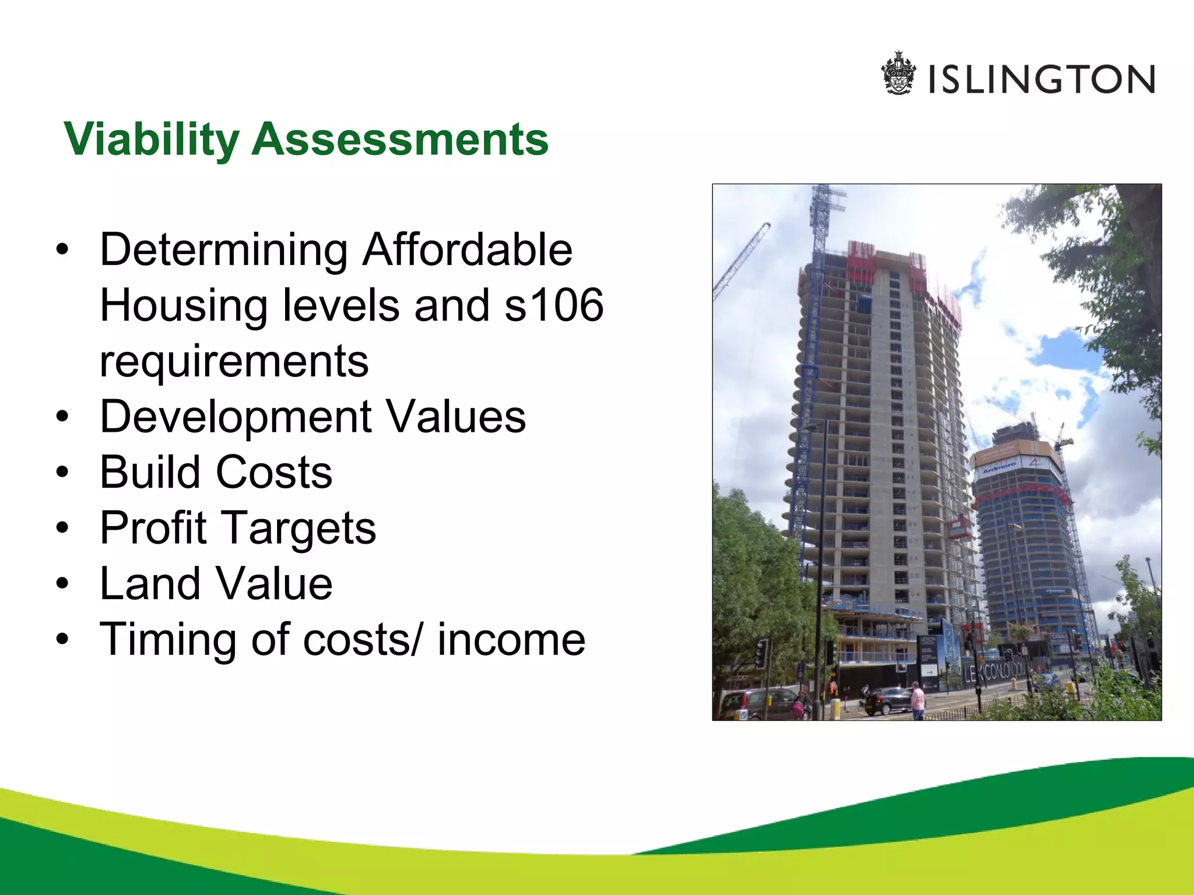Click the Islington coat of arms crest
coord(898,73)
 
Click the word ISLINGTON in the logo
coord(1042,80)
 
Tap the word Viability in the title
coord(152,140)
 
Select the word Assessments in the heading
coord(400,140)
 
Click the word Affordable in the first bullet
coord(468,249)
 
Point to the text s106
coord(554,305)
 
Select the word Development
coord(236,417)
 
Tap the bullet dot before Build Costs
coord(62,473)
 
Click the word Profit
coord(153,528)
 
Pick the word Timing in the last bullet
coord(166,640)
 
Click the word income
coord(511,640)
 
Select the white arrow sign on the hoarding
coord(930,672)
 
